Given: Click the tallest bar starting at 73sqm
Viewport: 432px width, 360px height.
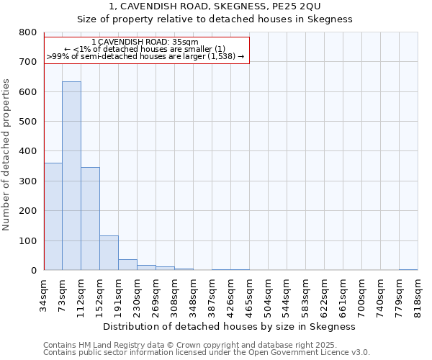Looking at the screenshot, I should [71, 176].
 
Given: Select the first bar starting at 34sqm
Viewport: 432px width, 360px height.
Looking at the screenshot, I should [53, 216].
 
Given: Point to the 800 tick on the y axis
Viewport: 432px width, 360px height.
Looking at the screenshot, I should [27, 32].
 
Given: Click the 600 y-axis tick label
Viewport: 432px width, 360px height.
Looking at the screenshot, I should [27, 92].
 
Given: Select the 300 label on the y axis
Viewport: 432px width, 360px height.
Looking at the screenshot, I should [27, 181].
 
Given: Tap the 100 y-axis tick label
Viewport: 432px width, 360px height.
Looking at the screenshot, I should [27, 240].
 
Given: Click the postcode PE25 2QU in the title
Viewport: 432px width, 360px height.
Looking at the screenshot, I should [325, 6].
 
